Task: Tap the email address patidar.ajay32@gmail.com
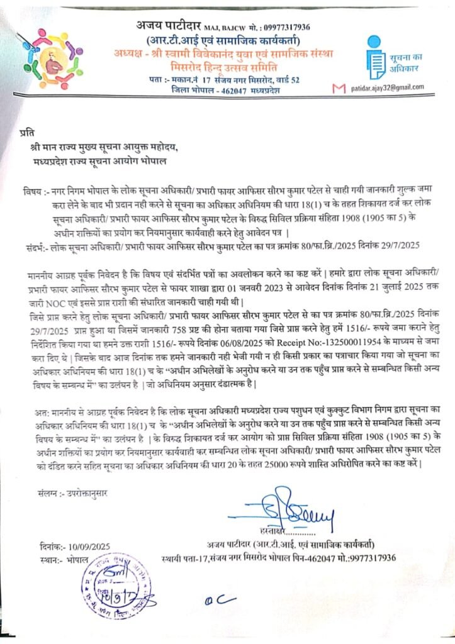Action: click(387, 87)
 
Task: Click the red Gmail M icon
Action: click(339, 88)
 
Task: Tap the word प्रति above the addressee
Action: click(27, 131)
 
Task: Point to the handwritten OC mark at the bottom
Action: click(213, 601)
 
